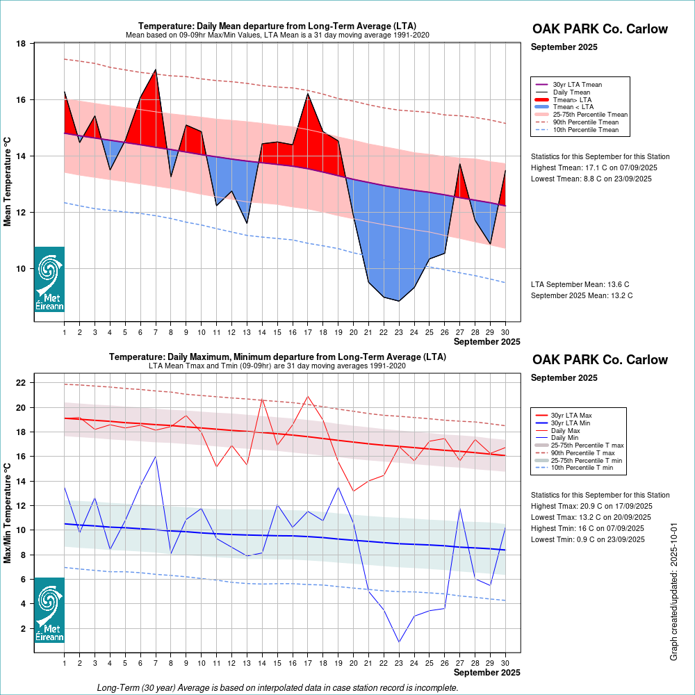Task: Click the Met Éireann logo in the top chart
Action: [49, 279]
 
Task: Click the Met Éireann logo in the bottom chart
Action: [49, 610]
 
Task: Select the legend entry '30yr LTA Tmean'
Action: [577, 85]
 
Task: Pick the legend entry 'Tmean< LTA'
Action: [573, 107]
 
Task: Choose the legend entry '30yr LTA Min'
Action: [572, 423]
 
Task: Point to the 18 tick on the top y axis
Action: [20, 44]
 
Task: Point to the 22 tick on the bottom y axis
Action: [20, 383]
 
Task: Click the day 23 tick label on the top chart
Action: [398, 332]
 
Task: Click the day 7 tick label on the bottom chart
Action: [156, 664]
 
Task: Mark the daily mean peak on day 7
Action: [156, 70]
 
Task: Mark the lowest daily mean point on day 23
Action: [398, 301]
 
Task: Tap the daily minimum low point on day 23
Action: [398, 641]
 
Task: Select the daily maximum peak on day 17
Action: [307, 397]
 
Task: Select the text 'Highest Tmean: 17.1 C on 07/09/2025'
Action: [594, 167]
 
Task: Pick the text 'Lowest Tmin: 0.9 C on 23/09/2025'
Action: [587, 539]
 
